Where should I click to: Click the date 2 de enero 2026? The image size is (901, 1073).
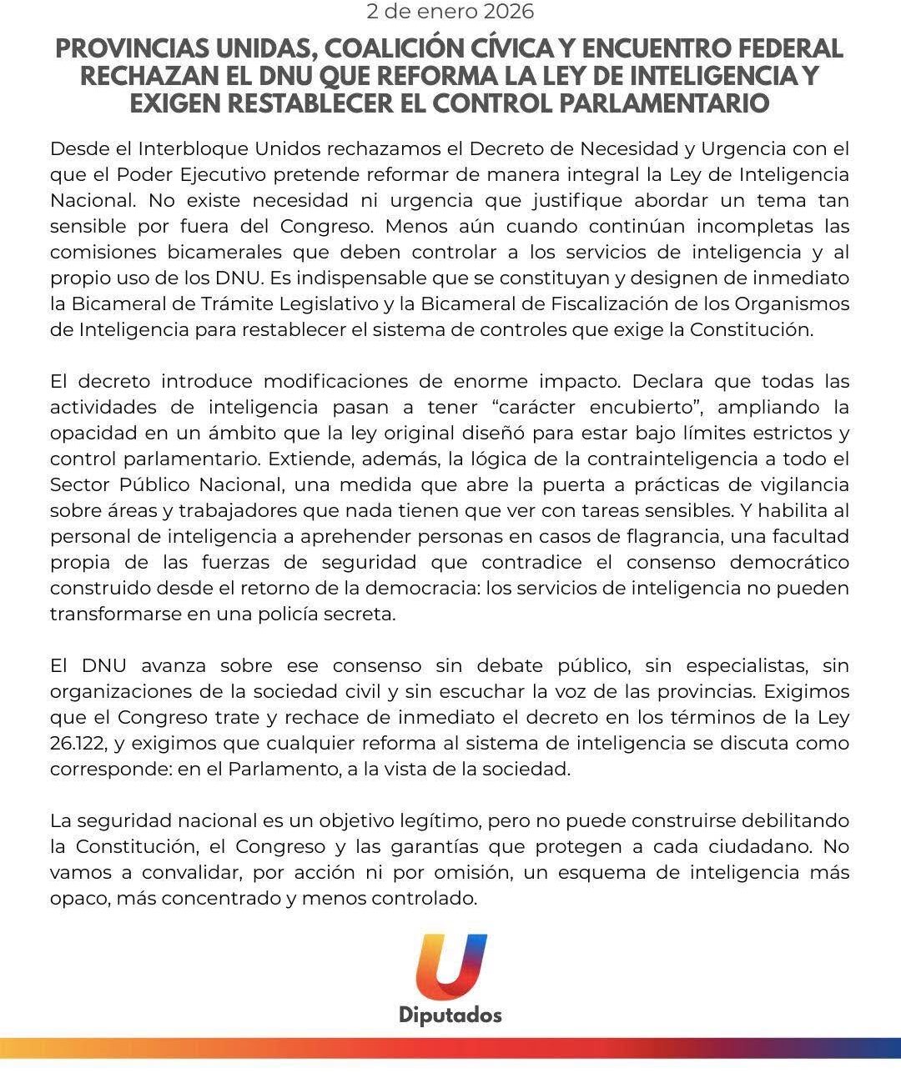point(450,13)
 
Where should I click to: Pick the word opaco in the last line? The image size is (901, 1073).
point(78,900)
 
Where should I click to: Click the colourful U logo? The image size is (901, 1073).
point(450,967)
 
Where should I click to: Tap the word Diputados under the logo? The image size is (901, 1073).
point(450,1015)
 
